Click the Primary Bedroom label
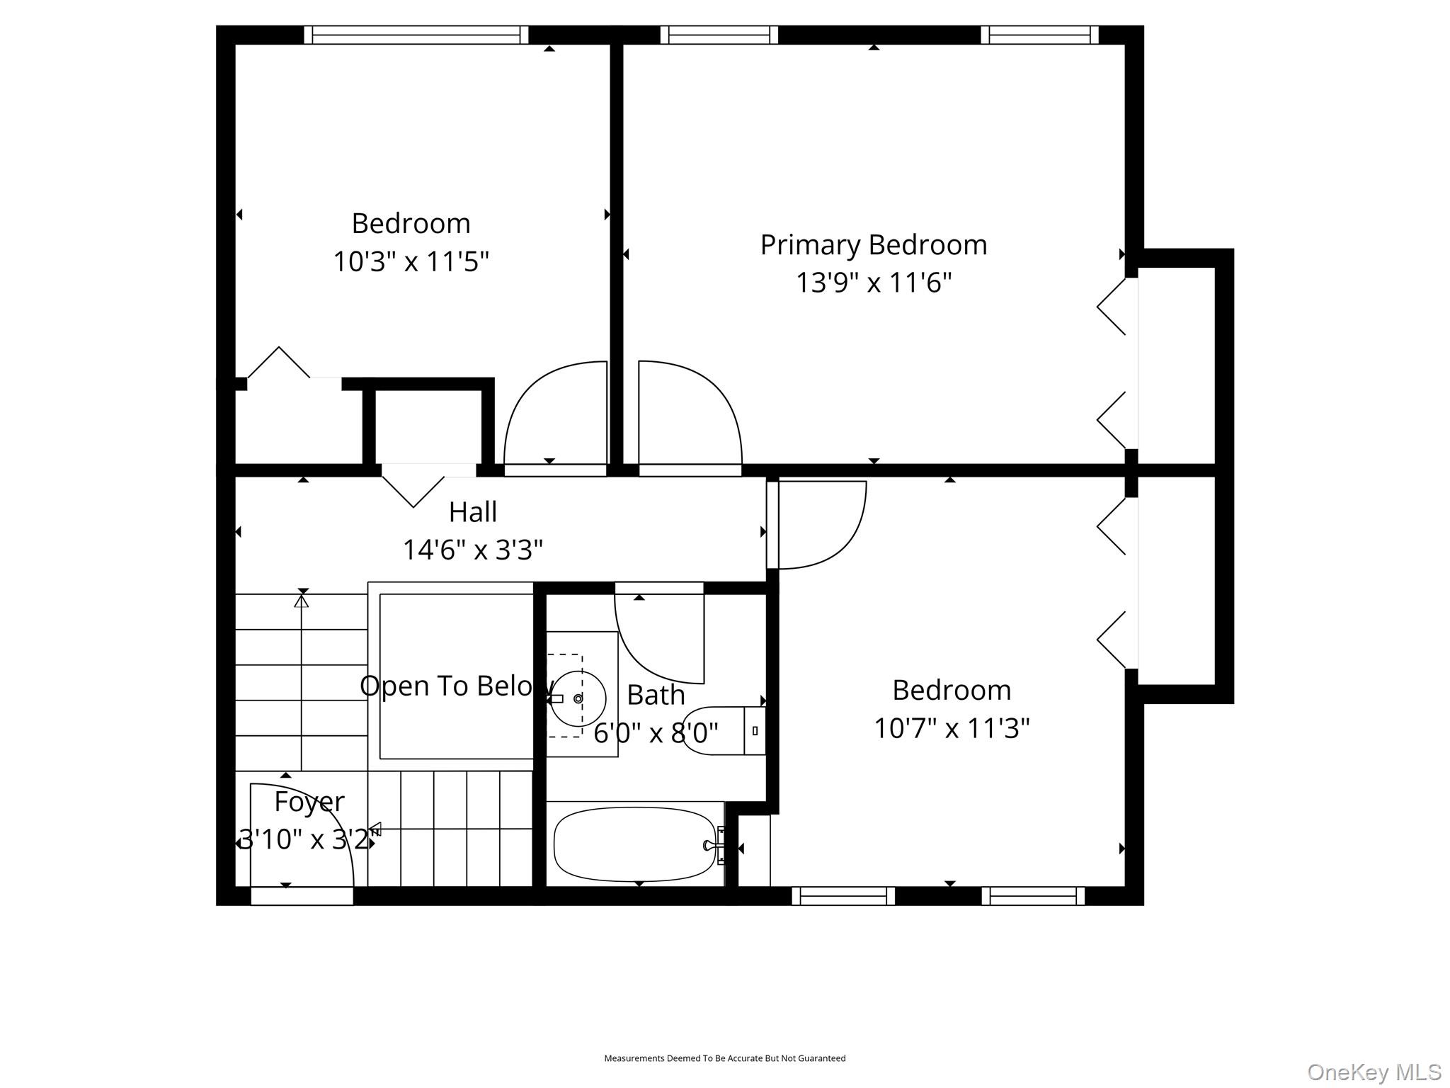click(x=874, y=245)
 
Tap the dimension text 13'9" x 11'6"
click(x=874, y=283)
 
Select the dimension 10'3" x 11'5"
click(x=411, y=261)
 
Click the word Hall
click(x=473, y=511)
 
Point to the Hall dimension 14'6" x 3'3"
click(x=473, y=549)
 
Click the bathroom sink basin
click(x=578, y=698)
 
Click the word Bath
click(x=656, y=695)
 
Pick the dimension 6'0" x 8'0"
click(x=656, y=732)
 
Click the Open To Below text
click(x=457, y=686)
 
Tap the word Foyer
click(x=309, y=801)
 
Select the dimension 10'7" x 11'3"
click(x=952, y=727)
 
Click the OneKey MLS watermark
click(x=1374, y=1072)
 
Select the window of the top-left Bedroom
click(x=416, y=35)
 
